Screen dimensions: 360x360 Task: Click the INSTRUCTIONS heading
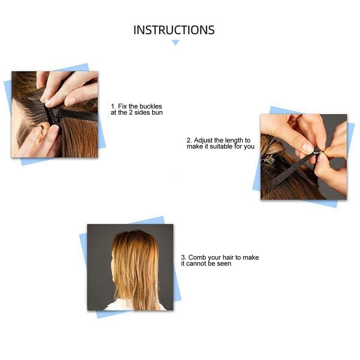[x=174, y=30]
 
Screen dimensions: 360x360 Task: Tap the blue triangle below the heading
[x=175, y=42]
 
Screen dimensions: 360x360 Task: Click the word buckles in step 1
[x=151, y=106]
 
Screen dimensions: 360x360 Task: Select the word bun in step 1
[x=157, y=112]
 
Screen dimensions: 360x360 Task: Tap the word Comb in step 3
[x=197, y=257]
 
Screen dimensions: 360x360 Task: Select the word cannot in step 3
[x=196, y=264]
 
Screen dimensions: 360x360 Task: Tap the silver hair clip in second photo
[x=268, y=158]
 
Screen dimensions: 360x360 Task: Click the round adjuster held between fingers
[x=317, y=151]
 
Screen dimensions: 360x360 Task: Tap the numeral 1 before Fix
[x=113, y=107]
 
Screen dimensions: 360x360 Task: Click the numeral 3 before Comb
[x=183, y=257]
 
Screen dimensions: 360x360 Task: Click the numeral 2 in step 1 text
[x=130, y=112]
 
